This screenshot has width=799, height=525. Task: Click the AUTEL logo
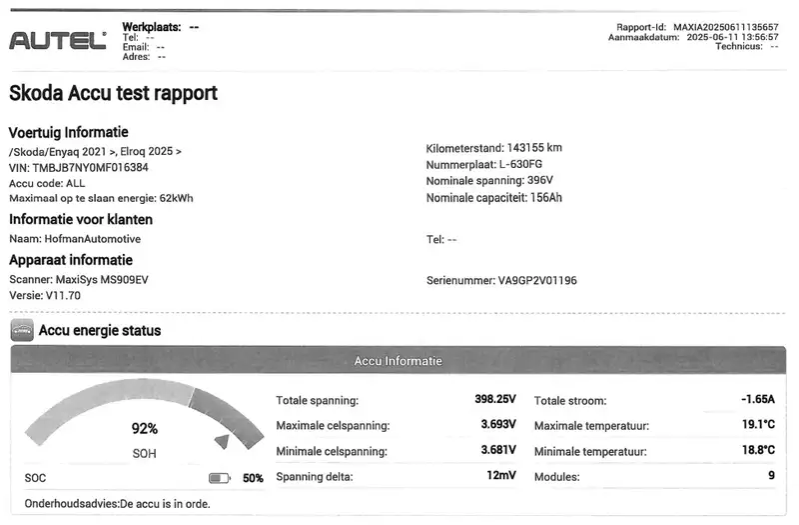point(57,41)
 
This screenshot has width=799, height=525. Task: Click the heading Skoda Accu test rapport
point(113,94)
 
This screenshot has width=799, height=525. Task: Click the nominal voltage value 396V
point(539,181)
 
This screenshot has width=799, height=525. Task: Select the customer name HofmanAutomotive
point(93,239)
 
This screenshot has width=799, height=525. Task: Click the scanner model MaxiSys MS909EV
point(101,280)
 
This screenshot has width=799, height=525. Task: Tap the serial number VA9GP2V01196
point(537,281)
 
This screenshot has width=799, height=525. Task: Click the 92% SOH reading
point(145,429)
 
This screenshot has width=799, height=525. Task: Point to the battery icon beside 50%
point(220,478)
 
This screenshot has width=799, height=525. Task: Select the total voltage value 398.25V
point(494,399)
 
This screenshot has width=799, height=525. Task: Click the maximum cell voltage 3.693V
point(498,425)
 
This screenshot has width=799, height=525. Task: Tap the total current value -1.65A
point(757,399)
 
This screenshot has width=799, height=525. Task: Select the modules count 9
point(771,476)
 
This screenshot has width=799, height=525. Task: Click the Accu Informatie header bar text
point(398,360)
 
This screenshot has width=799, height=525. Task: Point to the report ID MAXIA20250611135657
point(726,27)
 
